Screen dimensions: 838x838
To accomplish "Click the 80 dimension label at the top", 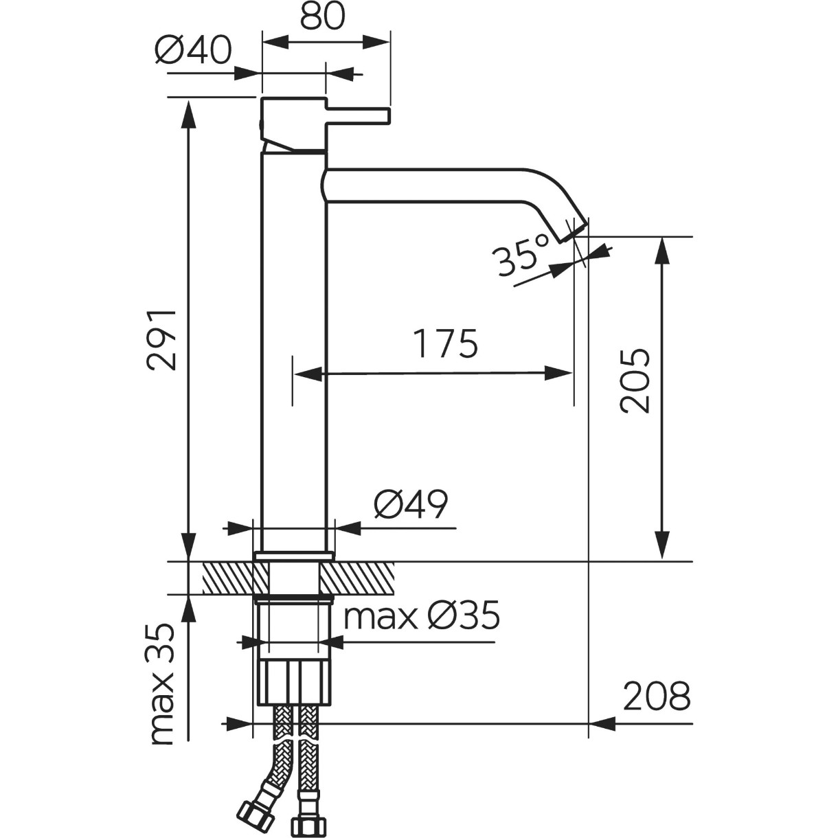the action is click(x=322, y=17).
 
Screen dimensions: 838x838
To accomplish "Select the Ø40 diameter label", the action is click(x=193, y=50).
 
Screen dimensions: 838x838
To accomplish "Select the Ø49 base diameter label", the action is click(x=410, y=504).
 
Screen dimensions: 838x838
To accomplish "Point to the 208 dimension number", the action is click(x=657, y=696).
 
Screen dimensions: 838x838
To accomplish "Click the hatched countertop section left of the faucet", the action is click(x=228, y=578).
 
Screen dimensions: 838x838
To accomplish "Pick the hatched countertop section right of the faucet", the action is click(x=357, y=578).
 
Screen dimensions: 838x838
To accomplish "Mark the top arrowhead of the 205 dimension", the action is click(x=661, y=251).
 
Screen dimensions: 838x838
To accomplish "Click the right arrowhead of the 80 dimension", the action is click(x=376, y=43).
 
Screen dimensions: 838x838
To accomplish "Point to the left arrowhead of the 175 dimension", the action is click(x=308, y=374).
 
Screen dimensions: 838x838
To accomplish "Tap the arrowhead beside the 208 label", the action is click(x=602, y=723).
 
